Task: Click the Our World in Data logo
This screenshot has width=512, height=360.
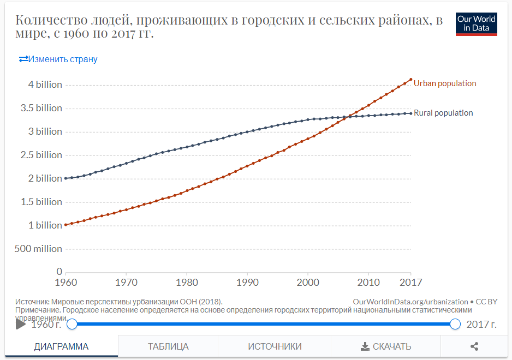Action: coord(476,24)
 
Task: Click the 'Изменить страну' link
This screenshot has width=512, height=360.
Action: coord(58,59)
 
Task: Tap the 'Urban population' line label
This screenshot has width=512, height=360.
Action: coord(445,83)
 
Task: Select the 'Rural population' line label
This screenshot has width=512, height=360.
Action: coord(443,113)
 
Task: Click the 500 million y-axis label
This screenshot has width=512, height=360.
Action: coord(38,249)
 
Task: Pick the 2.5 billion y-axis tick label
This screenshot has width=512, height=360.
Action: coord(41,155)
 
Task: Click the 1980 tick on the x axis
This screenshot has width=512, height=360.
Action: coord(187,283)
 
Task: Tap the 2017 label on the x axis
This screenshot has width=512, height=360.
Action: coord(410,283)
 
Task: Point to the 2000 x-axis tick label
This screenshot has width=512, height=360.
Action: coord(308,283)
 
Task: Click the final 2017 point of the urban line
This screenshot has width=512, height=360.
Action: coord(410,79)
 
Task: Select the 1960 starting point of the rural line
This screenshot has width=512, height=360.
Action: coord(66,178)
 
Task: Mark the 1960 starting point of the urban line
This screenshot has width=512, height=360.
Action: coord(66,225)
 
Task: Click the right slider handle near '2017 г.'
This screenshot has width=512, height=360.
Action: coord(455,325)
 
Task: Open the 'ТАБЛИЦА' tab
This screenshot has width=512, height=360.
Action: coord(168,346)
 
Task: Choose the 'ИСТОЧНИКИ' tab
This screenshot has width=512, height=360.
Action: coord(275,346)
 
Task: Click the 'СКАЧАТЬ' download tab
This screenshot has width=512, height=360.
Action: coord(386,346)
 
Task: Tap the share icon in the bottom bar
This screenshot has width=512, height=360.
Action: coord(474,346)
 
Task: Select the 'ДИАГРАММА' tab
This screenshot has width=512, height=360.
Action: coord(61,346)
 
